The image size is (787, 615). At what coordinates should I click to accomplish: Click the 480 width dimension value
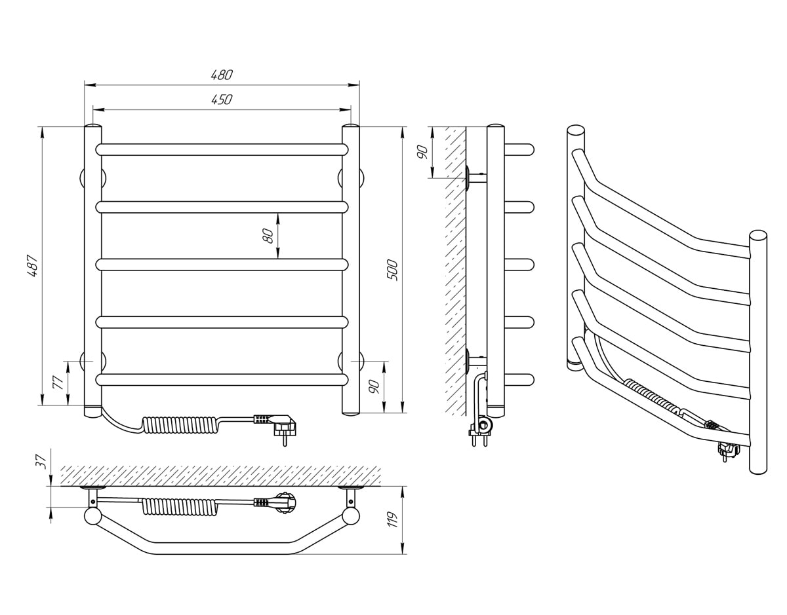[222, 75]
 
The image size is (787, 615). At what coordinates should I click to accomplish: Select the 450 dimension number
[222, 100]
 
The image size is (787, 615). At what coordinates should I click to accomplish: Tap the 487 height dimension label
[32, 266]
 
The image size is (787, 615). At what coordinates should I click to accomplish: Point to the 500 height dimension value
[392, 270]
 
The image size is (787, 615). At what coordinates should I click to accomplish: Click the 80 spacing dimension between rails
[268, 236]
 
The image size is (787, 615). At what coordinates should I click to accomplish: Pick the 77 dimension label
[58, 382]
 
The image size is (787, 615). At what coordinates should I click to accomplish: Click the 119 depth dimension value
[393, 519]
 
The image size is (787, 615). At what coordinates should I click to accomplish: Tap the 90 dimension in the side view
[422, 152]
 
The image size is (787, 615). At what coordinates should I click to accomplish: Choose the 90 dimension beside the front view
[374, 387]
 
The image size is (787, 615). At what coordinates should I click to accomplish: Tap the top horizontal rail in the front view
[222, 150]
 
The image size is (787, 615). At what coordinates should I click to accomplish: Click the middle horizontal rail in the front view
[222, 265]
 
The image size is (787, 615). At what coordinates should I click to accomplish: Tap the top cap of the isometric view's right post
[758, 235]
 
